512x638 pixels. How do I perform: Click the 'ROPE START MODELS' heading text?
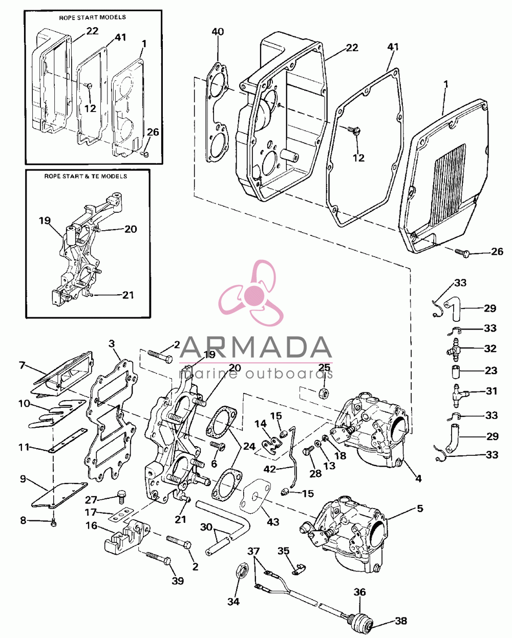pyautogui.click(x=92, y=17)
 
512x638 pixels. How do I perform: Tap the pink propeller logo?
pyautogui.click(x=251, y=293)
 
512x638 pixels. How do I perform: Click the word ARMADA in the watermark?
pyautogui.click(x=255, y=348)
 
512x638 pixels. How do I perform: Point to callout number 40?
pyautogui.click(x=218, y=32)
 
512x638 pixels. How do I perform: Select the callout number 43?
pyautogui.click(x=273, y=521)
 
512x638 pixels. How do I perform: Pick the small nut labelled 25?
pyautogui.click(x=324, y=393)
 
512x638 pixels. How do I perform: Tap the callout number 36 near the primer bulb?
pyautogui.click(x=360, y=592)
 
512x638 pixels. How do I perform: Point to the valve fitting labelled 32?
pyautogui.click(x=454, y=349)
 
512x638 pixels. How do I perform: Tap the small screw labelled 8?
pyautogui.click(x=53, y=524)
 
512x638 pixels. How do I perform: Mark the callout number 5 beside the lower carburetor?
pyautogui.click(x=419, y=508)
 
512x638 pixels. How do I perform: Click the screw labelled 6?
pyautogui.click(x=218, y=446)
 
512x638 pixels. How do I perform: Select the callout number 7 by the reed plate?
pyautogui.click(x=22, y=365)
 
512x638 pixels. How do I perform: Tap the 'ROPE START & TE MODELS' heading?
pyautogui.click(x=86, y=177)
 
